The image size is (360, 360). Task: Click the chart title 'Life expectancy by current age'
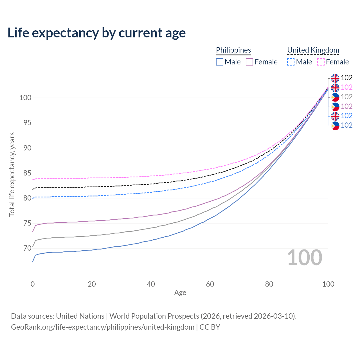[96, 33]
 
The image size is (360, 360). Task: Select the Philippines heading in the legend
[233, 50]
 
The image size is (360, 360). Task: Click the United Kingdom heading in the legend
[313, 50]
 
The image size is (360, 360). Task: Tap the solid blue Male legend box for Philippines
[220, 62]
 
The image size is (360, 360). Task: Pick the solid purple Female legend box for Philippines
[249, 62]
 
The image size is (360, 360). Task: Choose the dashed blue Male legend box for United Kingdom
[291, 62]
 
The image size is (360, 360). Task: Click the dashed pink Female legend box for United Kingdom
[321, 62]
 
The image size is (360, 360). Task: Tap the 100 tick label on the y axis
[25, 98]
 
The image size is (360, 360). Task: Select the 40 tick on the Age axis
[151, 284]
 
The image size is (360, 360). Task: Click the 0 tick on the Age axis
[33, 284]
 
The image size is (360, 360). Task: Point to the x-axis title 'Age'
[180, 293]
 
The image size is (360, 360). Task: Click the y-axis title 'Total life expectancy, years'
[12, 174]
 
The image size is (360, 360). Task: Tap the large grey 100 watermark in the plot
[305, 258]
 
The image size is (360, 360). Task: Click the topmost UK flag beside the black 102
[335, 78]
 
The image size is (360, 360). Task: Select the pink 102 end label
[346, 87]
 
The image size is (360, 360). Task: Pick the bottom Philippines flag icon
[335, 125]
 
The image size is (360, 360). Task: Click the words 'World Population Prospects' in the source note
[154, 316]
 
